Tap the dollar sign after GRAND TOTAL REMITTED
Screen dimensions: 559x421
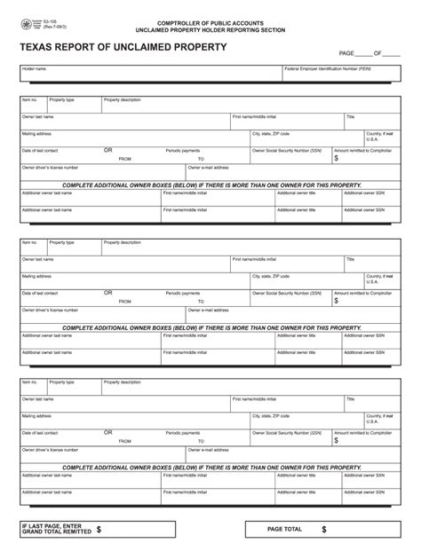99,529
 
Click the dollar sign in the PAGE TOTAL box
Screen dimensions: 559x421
324,529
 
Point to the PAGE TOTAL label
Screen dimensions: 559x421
284,529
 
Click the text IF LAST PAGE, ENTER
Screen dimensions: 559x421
50,524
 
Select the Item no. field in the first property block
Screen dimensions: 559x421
33,105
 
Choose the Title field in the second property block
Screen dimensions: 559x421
372,264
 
